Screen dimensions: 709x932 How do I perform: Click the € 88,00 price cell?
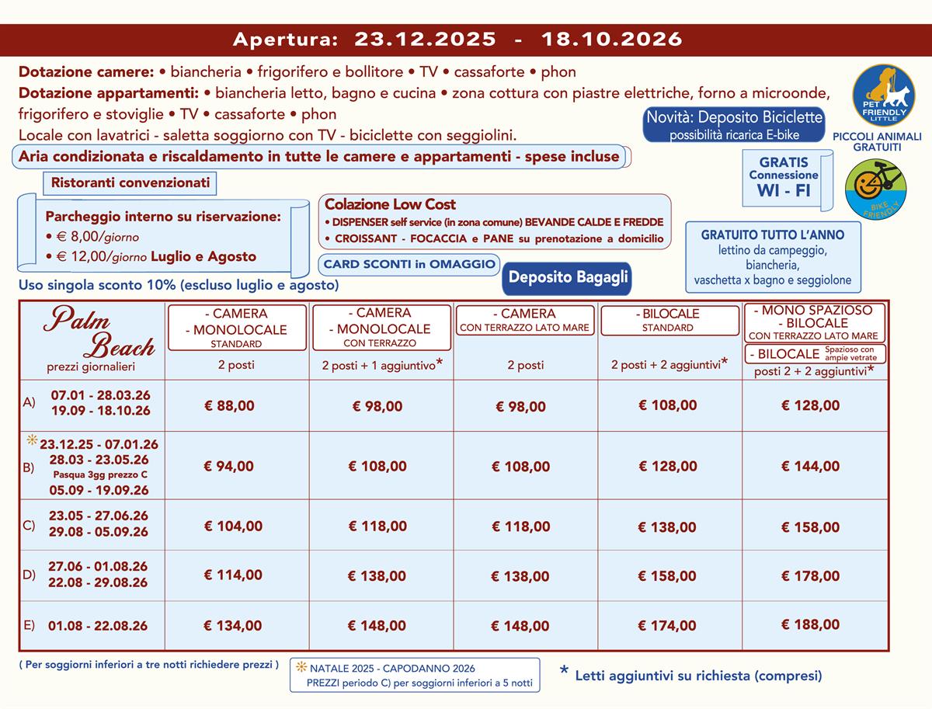click(228, 405)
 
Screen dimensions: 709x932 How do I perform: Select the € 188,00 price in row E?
click(810, 624)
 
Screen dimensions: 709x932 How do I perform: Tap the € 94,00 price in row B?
click(228, 466)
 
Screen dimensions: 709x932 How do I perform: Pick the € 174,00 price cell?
click(667, 626)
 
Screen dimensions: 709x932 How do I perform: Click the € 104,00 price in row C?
click(233, 526)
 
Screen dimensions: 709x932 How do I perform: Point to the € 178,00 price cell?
click(810, 575)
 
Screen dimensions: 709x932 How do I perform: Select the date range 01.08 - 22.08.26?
click(98, 626)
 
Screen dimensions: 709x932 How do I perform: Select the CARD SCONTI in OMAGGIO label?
click(409, 264)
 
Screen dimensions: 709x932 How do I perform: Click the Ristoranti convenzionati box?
click(130, 183)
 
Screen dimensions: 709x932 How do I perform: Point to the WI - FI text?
click(784, 189)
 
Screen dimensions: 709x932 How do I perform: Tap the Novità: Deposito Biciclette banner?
click(723, 124)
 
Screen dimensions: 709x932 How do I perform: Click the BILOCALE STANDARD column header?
click(669, 320)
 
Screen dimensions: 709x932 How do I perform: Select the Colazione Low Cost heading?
click(390, 204)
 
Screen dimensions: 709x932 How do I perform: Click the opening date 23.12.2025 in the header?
click(425, 38)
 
